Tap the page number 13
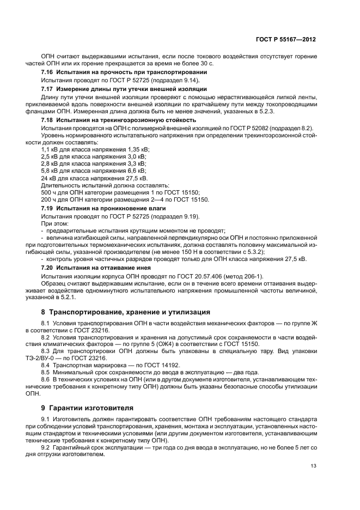(x=313, y=465)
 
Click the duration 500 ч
(x=50, y=192)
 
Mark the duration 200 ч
(x=50, y=199)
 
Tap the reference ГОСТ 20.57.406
(x=188, y=276)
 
